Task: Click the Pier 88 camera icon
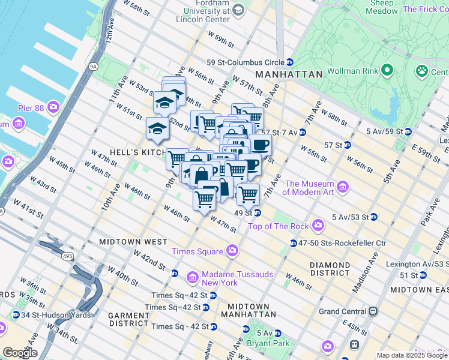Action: click(x=54, y=107)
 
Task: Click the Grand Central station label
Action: click(x=342, y=311)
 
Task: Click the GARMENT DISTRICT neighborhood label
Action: click(x=128, y=319)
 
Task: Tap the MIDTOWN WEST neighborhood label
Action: click(x=134, y=241)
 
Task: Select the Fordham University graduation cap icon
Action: click(x=238, y=10)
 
